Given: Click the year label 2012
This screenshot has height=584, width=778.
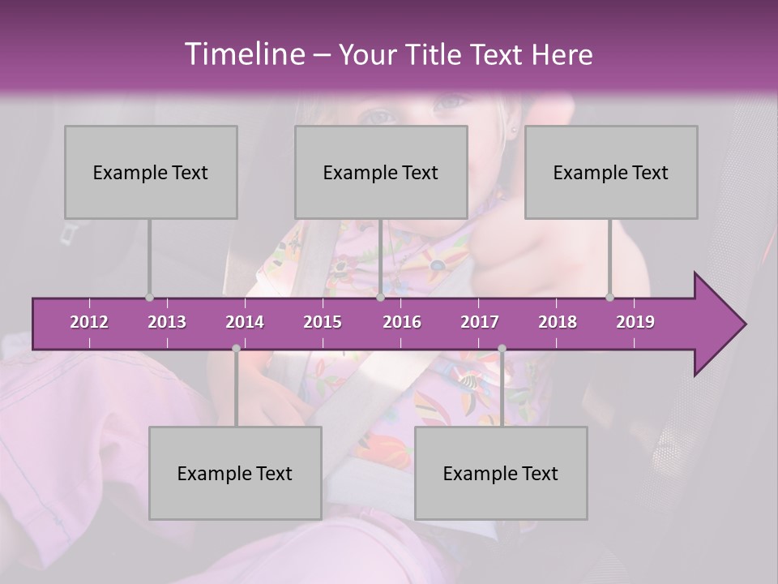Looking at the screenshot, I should (89, 322).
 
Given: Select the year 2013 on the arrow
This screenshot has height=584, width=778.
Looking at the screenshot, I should (167, 322).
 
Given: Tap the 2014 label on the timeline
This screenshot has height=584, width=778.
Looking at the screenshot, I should (245, 322).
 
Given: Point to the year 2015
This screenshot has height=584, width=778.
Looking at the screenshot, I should (323, 322).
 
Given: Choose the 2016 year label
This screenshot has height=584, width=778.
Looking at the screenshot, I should (402, 322).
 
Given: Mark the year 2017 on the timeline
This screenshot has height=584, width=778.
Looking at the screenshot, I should (480, 322).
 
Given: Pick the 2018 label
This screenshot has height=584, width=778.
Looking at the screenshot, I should (558, 322).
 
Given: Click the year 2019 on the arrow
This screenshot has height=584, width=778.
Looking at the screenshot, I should (635, 322).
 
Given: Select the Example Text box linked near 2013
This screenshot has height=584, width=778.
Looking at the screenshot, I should (151, 172).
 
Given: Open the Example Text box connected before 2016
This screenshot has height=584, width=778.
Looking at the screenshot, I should (381, 172).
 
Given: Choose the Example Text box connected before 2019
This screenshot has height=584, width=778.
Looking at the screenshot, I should (611, 172).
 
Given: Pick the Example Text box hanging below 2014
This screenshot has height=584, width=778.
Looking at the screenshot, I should (235, 473).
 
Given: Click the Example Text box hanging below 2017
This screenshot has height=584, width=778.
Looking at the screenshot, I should (501, 473).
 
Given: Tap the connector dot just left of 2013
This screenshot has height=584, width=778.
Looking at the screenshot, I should (149, 298).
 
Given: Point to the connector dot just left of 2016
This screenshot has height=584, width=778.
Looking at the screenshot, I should (380, 298).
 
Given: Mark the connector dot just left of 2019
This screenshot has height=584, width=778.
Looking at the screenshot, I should (610, 298).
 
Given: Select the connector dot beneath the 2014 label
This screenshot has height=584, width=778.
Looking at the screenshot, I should (236, 348).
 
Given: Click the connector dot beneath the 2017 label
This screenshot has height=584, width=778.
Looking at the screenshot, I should (502, 348).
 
